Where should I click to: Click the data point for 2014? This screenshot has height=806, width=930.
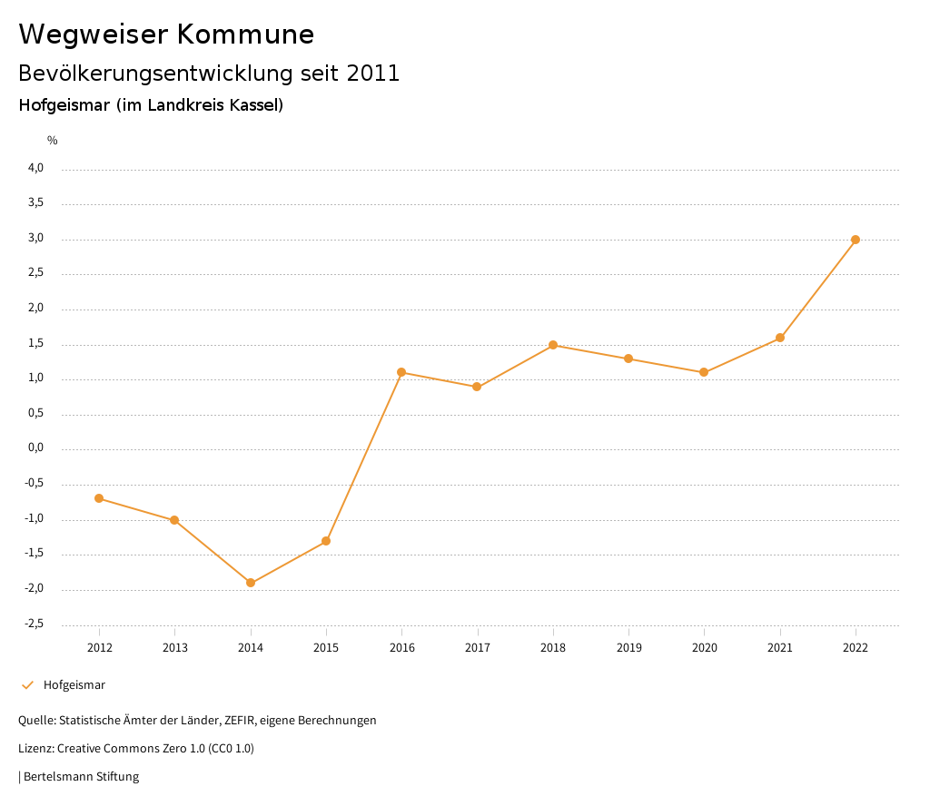(251, 583)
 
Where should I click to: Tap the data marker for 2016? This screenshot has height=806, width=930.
(401, 372)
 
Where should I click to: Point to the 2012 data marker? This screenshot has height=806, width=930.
(99, 498)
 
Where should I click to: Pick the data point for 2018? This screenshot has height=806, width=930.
(552, 345)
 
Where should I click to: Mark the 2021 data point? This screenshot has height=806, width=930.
(780, 338)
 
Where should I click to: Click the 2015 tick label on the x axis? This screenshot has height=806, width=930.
(326, 647)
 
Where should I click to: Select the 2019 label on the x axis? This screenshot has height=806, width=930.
(628, 647)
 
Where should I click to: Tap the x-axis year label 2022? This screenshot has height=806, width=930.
(856, 647)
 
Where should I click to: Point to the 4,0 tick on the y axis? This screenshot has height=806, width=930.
(35, 168)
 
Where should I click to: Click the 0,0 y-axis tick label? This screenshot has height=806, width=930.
(35, 448)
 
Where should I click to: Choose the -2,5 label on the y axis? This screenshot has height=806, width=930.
(34, 624)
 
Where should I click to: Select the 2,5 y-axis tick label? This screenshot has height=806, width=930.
(35, 273)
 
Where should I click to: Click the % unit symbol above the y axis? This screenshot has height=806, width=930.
(53, 141)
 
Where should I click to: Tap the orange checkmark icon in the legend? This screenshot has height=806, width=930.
(27, 685)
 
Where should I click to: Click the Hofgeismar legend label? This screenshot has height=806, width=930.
(74, 685)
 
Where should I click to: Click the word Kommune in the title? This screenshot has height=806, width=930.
(245, 34)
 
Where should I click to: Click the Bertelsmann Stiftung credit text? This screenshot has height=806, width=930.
(81, 777)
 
